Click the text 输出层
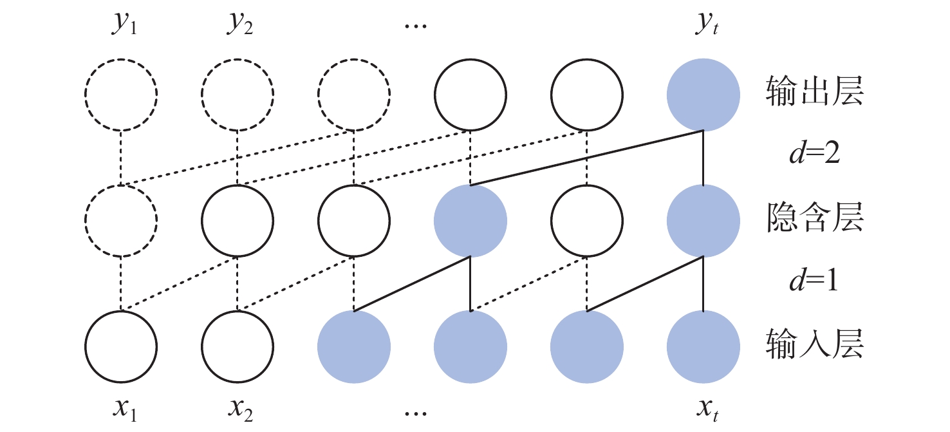pos(814,94)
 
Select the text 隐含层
pos(814,220)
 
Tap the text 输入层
pos(814,346)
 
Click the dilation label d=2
pos(814,156)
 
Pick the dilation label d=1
pos(814,283)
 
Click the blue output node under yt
pos(703,95)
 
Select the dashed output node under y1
pos(121,95)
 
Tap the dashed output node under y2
pos(237,95)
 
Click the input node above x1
pos(121,346)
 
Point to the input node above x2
pos(237,346)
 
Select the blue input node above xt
pos(703,346)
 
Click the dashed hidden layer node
pos(121,220)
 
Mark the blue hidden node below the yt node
pos(703,220)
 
